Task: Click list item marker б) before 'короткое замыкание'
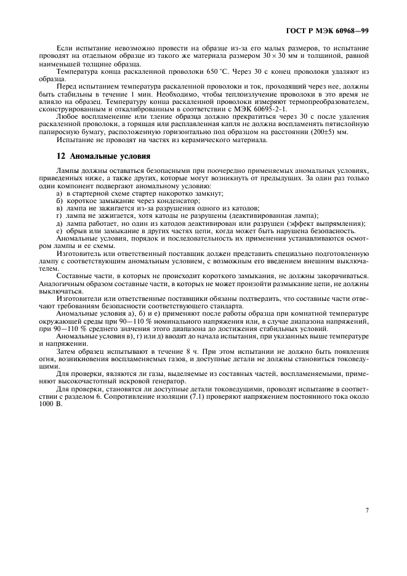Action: point(59,201)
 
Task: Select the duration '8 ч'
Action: point(151,351)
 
